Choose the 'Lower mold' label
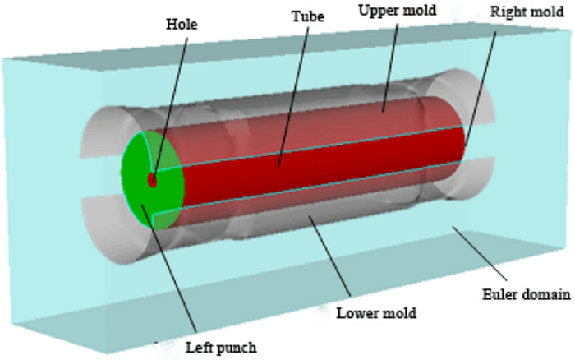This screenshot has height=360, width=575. pyautogui.click(x=377, y=313)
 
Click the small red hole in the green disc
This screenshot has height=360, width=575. pyautogui.click(x=152, y=180)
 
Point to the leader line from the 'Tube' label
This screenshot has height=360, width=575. pyautogui.click(x=292, y=90)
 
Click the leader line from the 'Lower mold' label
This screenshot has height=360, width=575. pyautogui.click(x=329, y=255)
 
